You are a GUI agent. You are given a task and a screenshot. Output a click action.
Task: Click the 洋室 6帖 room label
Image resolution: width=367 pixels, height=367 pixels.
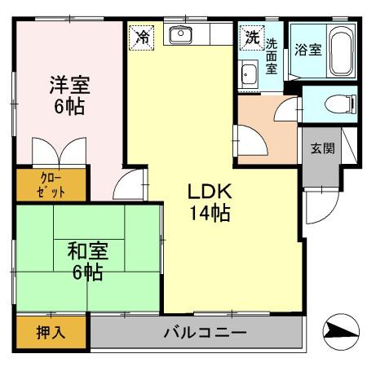point(69,95)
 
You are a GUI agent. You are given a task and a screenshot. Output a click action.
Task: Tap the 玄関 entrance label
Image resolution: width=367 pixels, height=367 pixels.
point(321,148)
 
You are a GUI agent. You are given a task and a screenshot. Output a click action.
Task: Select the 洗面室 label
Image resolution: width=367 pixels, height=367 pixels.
point(272,57)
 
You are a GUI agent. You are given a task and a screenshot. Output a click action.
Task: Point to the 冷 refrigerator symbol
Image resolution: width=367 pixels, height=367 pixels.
point(142,37)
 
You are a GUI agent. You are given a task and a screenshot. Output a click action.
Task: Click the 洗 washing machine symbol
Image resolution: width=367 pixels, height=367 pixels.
point(250,37)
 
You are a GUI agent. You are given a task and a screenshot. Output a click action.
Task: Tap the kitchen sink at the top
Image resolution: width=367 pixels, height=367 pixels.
point(180,34)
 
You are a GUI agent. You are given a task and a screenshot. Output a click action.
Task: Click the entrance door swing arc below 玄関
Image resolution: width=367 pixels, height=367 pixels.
point(320,208)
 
